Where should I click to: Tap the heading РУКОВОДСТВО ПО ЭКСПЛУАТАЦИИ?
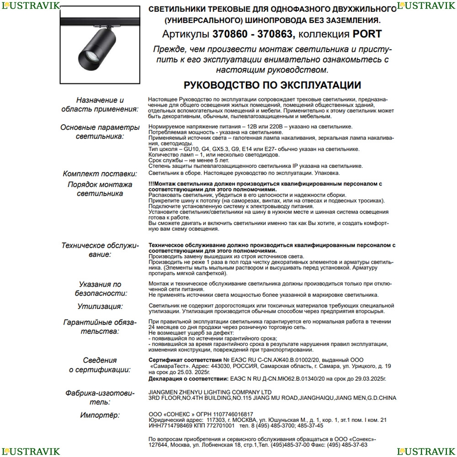272,85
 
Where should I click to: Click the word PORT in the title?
367,34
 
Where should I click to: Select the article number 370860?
229,34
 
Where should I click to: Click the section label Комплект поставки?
100,174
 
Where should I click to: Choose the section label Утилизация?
100,306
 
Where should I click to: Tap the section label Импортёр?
100,415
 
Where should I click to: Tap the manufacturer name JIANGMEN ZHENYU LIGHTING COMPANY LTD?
210,392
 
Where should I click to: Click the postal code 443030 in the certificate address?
213,367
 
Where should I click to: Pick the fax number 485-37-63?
354,444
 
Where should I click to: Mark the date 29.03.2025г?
368,379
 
